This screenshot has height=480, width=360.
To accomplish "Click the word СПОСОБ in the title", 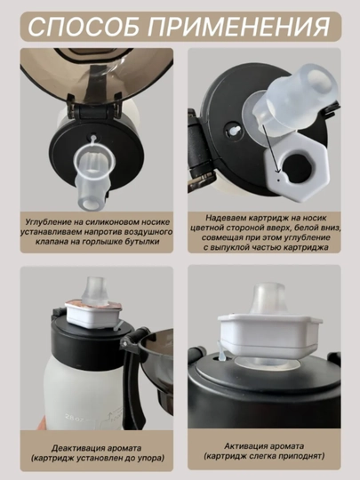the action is [85, 27].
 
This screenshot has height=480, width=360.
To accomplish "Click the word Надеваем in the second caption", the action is [225, 218].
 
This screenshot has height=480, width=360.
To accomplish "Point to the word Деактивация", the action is [76, 449].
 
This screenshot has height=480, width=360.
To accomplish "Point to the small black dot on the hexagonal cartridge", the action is [278, 180].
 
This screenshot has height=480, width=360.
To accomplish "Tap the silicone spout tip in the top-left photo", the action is [90, 202].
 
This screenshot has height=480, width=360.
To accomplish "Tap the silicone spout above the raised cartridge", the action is [269, 299].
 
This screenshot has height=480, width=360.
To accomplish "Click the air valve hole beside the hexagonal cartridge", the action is [234, 131].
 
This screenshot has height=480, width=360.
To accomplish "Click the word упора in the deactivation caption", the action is [148, 459].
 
